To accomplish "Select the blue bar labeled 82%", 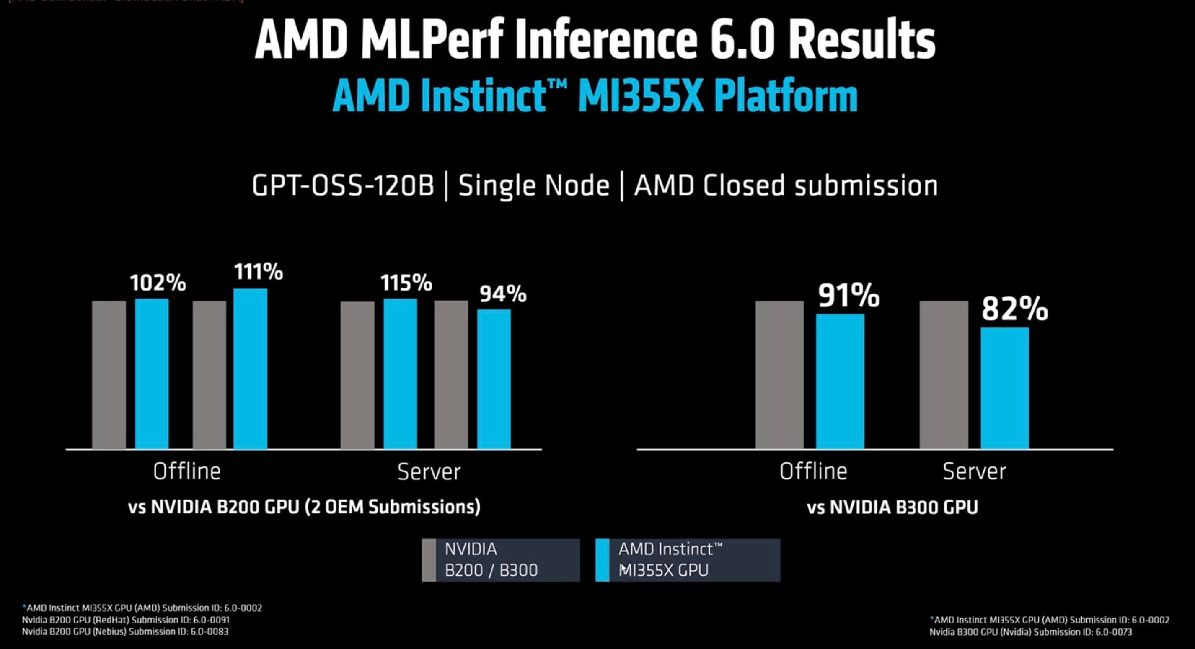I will pos(1004,388).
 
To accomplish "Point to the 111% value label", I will pos(258,272).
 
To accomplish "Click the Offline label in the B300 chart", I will pos(813,471).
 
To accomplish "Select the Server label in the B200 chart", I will pos(429,471).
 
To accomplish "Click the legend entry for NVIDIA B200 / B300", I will pos(500,559).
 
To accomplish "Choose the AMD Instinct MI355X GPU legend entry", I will pos(688,559).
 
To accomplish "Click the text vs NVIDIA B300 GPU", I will pos(892,507).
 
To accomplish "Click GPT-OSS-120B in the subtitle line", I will pos(343,186).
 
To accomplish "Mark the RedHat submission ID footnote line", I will pos(125,620).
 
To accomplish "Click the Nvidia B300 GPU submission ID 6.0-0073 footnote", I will pos(1030,632).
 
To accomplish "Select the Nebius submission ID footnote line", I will pos(125,631).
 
